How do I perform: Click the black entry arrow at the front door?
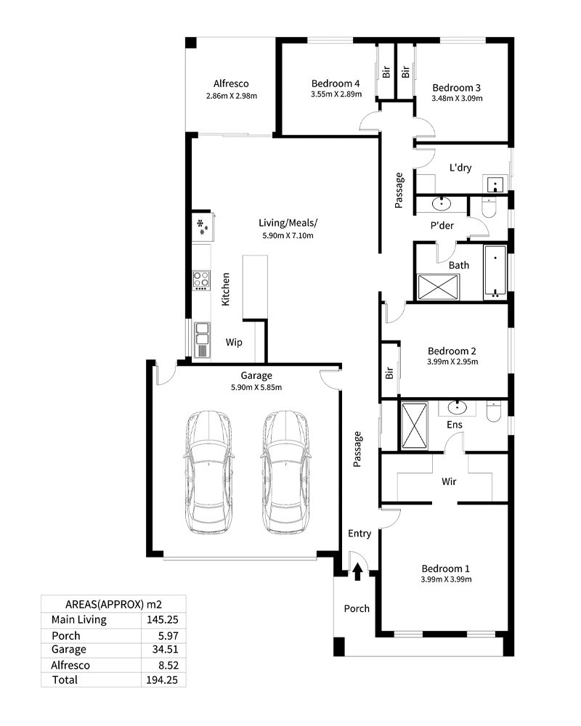pyautogui.click(x=357, y=571)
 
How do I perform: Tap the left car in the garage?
pyautogui.click(x=209, y=472)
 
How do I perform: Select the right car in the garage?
pyautogui.click(x=285, y=472)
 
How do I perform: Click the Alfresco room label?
pyautogui.click(x=231, y=83)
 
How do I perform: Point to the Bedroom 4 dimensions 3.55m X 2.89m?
pyautogui.click(x=336, y=94)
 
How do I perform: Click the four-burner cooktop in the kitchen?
pyautogui.click(x=201, y=280)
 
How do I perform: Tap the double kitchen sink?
pyautogui.click(x=202, y=339)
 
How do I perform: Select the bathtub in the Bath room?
pyautogui.click(x=495, y=272)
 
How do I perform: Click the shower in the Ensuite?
pyautogui.click(x=414, y=426)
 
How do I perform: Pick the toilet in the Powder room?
pyautogui.click(x=489, y=208)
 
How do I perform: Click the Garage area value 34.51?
pyautogui.click(x=166, y=649)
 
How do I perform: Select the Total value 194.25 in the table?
pyautogui.click(x=162, y=680)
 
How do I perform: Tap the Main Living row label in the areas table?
pyautogui.click(x=79, y=619)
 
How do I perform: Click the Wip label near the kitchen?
pyautogui.click(x=234, y=342)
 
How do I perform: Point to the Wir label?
pyautogui.click(x=449, y=481)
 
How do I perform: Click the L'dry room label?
pyautogui.click(x=460, y=168)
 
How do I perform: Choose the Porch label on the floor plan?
pyautogui.click(x=357, y=608)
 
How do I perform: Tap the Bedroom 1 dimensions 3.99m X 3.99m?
pyautogui.click(x=446, y=579)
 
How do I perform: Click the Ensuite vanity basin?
pyautogui.click(x=458, y=408)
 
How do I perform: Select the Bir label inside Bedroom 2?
pyautogui.click(x=389, y=372)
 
